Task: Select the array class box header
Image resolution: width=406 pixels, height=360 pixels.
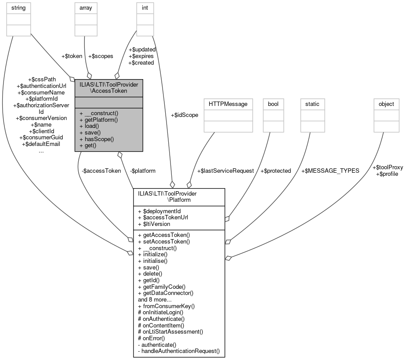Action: [x=86, y=7]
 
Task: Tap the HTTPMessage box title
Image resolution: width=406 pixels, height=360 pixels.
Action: [x=228, y=104]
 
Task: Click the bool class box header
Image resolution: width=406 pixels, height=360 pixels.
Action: [x=274, y=104]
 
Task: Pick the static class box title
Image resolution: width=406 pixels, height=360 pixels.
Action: [x=312, y=104]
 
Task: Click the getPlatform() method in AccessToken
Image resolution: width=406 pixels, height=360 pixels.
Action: [x=99, y=120]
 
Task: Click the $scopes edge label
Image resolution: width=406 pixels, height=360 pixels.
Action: [x=101, y=56]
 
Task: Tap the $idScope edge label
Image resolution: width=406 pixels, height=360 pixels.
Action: [x=184, y=115]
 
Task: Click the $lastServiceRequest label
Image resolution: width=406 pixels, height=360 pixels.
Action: [x=225, y=171]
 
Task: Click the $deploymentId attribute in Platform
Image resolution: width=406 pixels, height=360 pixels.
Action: [x=160, y=211]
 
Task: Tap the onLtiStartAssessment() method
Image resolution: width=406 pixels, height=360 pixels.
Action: [x=170, y=331]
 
